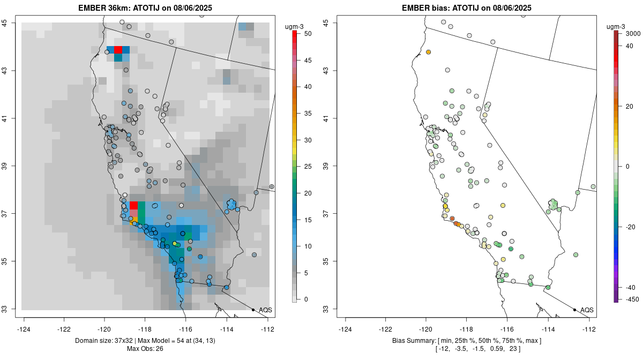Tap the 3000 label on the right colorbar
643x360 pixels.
633,33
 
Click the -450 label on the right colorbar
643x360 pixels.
631,299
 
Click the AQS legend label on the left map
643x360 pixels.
265,310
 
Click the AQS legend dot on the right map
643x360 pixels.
574,310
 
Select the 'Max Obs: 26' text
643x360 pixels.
144,349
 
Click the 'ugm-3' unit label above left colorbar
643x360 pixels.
296,25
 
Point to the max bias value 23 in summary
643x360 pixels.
515,349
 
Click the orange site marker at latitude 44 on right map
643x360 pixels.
429,52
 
